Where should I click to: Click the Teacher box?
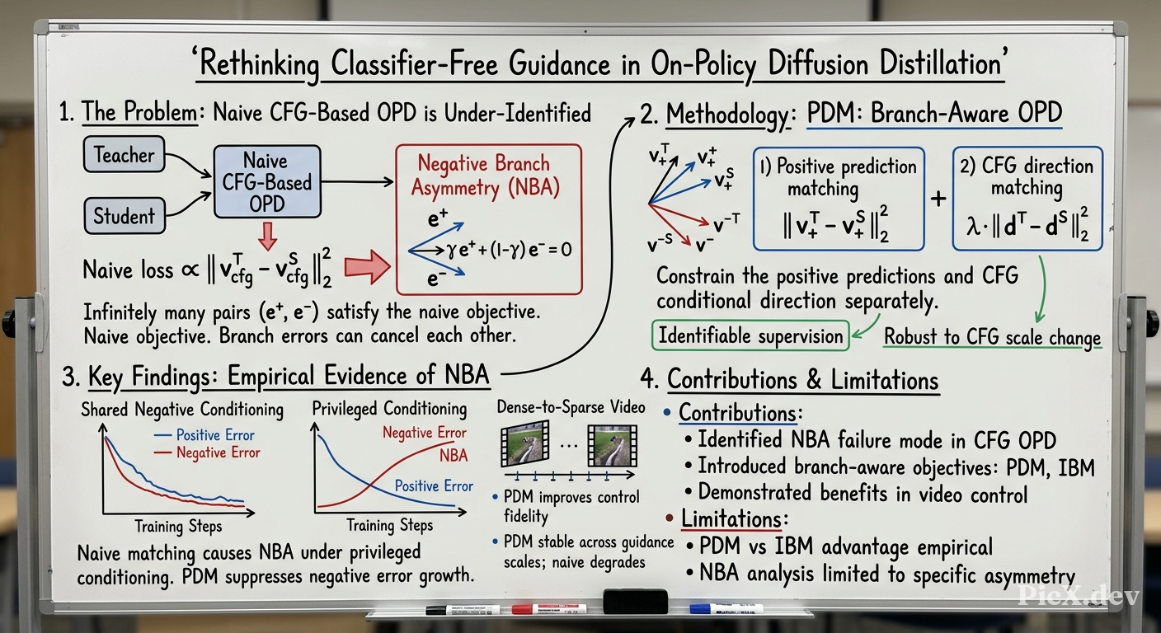[124, 154]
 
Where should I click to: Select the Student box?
[125, 215]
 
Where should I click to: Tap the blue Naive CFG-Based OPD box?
[267, 182]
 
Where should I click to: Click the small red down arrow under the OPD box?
[267, 237]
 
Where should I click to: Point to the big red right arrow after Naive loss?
[368, 267]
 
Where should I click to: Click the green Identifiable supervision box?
[750, 335]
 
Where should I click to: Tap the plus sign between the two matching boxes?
[938, 199]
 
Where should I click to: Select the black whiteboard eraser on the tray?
[636, 602]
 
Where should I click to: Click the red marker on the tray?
[549, 608]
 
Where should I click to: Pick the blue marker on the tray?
[726, 608]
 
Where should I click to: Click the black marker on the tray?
[463, 610]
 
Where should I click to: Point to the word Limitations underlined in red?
[731, 518]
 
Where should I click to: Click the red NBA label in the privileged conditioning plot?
[454, 455]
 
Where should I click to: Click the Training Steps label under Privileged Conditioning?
[390, 525]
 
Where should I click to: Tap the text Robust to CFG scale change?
[992, 337]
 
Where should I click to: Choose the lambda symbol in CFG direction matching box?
[973, 226]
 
